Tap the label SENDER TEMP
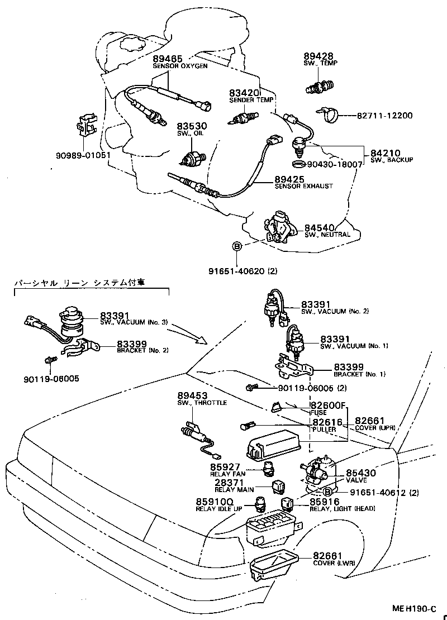click(251, 100)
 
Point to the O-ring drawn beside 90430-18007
click(299, 164)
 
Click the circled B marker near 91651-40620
click(237, 246)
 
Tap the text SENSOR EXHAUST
click(303, 186)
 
